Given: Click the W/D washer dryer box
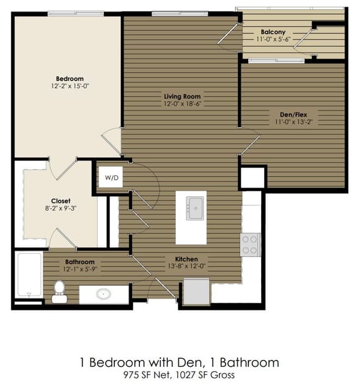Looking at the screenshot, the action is [111, 177].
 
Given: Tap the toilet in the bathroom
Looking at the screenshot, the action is [59, 291].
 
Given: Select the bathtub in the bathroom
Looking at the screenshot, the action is [29, 275].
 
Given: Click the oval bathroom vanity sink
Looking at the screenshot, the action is [103, 294].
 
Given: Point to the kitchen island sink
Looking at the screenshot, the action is [195, 208].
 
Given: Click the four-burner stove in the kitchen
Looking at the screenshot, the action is [250, 244].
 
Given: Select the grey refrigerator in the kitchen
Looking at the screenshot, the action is [197, 291].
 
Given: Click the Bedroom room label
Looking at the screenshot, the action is [70, 79].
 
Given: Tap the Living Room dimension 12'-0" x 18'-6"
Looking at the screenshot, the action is [183, 104].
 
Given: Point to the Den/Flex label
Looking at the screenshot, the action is [293, 114].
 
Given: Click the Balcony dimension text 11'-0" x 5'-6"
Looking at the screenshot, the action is [273, 39].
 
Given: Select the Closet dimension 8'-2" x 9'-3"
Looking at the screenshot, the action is [61, 208].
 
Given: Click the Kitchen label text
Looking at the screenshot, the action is [186, 259].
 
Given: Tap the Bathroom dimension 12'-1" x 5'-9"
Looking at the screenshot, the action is [80, 269].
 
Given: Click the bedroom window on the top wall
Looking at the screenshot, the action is [76, 13].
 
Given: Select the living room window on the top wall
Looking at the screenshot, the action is [180, 13].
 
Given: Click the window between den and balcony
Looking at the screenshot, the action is [276, 61].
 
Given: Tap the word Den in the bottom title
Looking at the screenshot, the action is [190, 362].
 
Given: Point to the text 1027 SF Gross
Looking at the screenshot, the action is [205, 375].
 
